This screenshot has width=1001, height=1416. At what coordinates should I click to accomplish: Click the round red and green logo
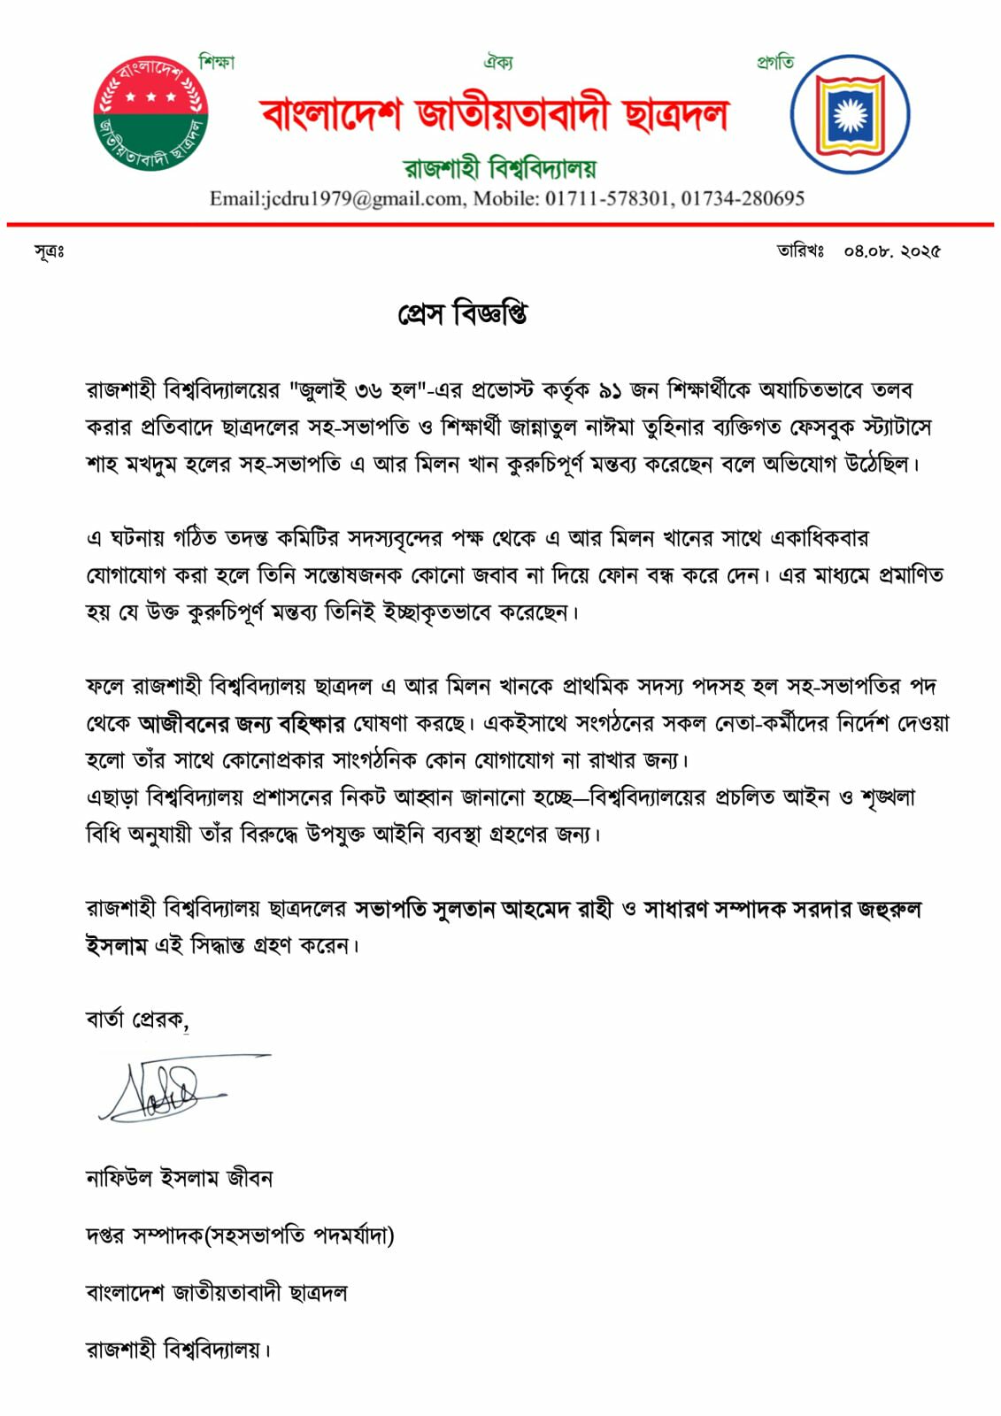click(x=150, y=112)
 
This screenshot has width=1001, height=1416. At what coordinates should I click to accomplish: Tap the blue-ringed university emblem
click(x=850, y=114)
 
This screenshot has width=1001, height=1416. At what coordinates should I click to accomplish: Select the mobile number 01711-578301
click(x=607, y=198)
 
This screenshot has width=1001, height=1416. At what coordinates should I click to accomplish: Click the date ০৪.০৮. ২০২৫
click(x=891, y=250)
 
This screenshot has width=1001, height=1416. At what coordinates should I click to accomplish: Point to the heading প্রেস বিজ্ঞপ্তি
click(x=462, y=314)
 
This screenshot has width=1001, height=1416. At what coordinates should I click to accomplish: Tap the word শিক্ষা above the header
click(x=217, y=62)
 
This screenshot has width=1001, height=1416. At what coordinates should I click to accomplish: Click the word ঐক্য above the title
click(x=498, y=62)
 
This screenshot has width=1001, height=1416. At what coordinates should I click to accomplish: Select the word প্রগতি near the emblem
click(x=775, y=62)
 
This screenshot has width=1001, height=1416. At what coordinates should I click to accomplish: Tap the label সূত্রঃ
click(x=50, y=251)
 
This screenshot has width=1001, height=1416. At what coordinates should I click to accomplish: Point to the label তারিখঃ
click(x=801, y=250)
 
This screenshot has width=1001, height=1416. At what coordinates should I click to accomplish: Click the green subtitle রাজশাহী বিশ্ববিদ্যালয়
click(x=500, y=167)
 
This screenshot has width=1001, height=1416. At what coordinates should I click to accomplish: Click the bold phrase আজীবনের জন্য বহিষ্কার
click(x=242, y=724)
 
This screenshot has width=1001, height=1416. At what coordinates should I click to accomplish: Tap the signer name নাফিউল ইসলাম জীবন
click(x=180, y=1178)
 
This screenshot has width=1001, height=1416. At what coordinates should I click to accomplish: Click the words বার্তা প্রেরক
click(x=136, y=1020)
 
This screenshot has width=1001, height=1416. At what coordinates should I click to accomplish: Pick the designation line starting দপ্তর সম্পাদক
click(x=240, y=1235)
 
